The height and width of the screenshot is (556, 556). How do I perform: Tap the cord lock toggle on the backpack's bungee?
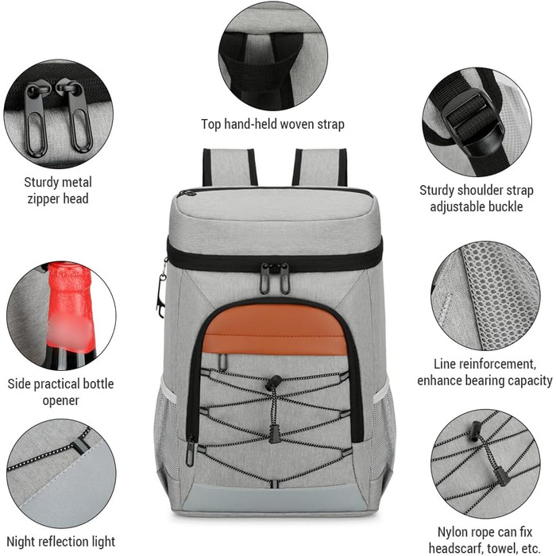pyautogui.click(x=274, y=383)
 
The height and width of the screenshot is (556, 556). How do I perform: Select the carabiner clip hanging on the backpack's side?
pyautogui.click(x=161, y=291)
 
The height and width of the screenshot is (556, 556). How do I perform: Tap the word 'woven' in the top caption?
pyautogui.click(x=295, y=125)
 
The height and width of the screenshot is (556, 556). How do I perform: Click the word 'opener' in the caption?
pyautogui.click(x=60, y=400)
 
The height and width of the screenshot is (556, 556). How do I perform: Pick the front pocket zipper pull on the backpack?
pyautogui.click(x=191, y=450)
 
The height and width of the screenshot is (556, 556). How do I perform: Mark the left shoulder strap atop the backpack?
pyautogui.click(x=230, y=168)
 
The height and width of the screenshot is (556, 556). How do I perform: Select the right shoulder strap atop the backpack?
pyautogui.click(x=320, y=168)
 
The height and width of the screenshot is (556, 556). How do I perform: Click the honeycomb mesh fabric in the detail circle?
pyautogui.click(x=496, y=295)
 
